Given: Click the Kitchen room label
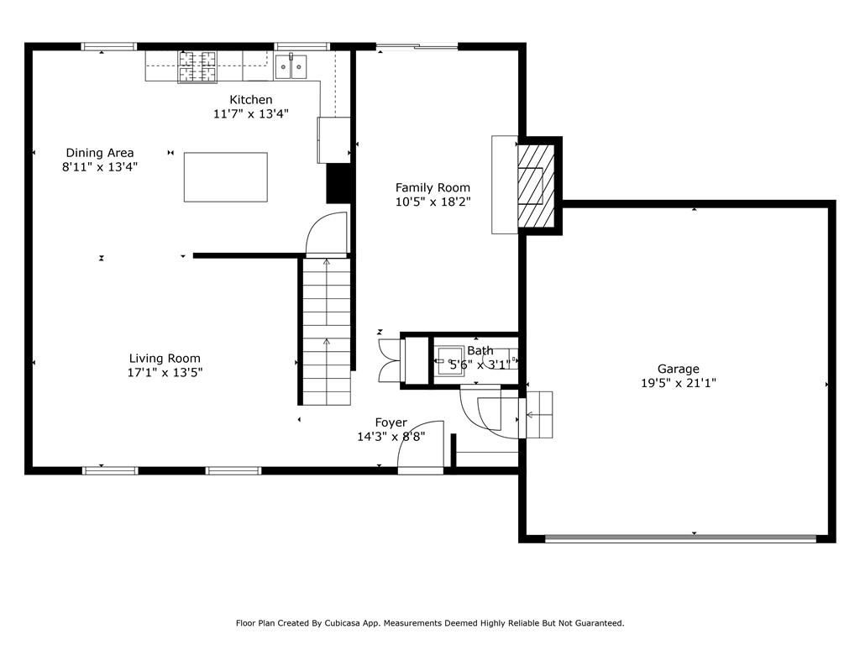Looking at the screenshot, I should click(x=251, y=100).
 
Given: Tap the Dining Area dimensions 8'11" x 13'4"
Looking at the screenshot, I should click(x=100, y=166).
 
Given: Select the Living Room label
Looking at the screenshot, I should click(x=165, y=359).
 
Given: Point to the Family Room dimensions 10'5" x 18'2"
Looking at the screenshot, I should click(x=433, y=202).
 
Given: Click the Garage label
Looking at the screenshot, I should click(x=678, y=369).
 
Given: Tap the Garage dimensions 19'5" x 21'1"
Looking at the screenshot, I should click(x=678, y=383).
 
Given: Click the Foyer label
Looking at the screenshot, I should click(x=391, y=422).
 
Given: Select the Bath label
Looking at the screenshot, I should click(x=480, y=350).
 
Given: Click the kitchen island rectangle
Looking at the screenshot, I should click(x=225, y=177).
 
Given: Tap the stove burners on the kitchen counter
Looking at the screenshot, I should click(x=196, y=66).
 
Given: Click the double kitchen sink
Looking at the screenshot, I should click(x=291, y=66).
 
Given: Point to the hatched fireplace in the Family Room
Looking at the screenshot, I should click(x=535, y=185).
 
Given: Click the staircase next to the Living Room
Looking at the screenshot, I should click(x=326, y=332).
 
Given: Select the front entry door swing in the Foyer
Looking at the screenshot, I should click(x=419, y=446).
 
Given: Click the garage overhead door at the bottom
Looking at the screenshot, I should click(x=680, y=537).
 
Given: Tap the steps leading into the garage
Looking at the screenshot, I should click(x=537, y=414).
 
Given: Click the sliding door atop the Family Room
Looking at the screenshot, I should click(x=417, y=47).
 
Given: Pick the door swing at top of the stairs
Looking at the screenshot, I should click(x=326, y=234).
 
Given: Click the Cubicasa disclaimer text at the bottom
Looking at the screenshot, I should click(x=429, y=623).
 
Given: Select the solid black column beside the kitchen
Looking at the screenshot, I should click(x=338, y=182).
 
